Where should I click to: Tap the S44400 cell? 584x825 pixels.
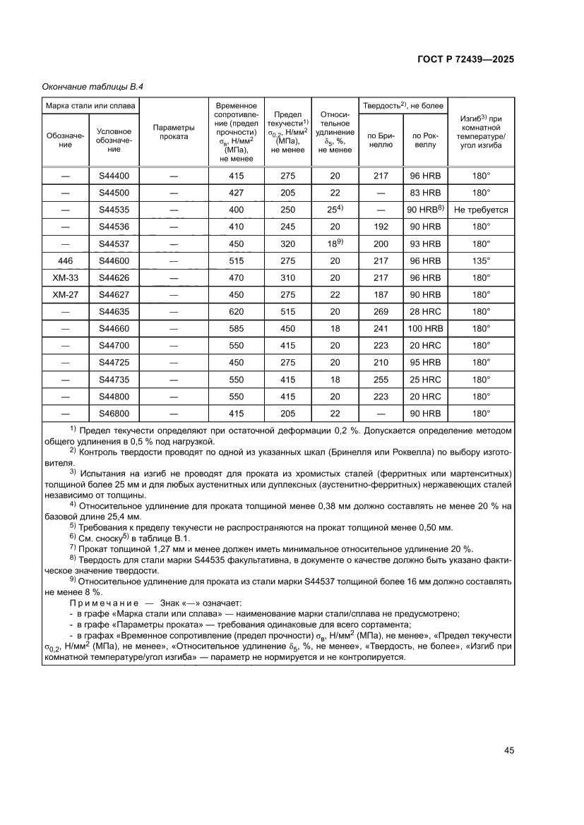tap(114, 176)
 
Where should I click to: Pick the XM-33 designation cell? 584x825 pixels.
tap(65, 277)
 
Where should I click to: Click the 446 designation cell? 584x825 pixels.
tap(65, 260)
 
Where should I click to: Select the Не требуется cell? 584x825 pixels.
tap(481, 210)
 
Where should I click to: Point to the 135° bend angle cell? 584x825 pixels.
tap(481, 260)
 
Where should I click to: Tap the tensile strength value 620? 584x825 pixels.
tap(236, 311)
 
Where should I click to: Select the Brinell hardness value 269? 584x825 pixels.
tap(381, 311)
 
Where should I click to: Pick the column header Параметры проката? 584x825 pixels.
tap(174, 132)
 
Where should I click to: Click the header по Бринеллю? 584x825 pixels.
tap(381, 139)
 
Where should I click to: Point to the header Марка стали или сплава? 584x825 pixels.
tap(90, 106)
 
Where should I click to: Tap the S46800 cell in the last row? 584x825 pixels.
tap(114, 413)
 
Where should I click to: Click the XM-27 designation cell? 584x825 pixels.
tap(65, 294)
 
